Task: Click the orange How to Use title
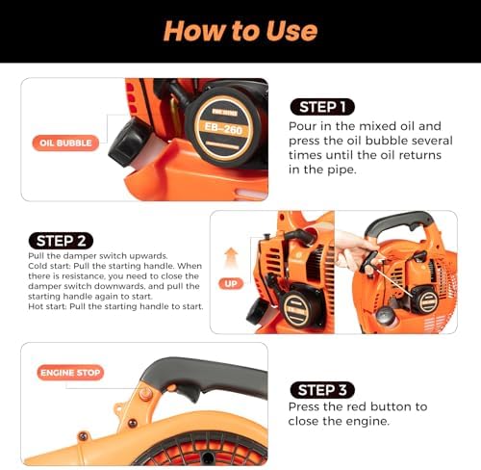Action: pyautogui.click(x=240, y=30)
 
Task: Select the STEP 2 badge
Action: pyautogui.click(x=61, y=240)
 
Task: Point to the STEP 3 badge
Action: pyautogui.click(x=323, y=389)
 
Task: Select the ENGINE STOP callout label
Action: pyautogui.click(x=70, y=372)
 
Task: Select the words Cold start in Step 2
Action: pyautogui.click(x=50, y=265)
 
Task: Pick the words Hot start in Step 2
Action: pyautogui.click(x=48, y=306)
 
